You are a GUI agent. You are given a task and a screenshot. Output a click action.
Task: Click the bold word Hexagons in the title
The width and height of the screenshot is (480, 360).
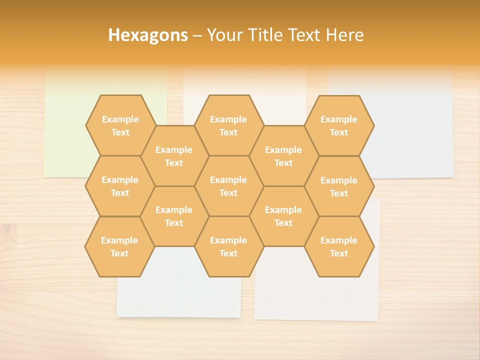click(x=148, y=35)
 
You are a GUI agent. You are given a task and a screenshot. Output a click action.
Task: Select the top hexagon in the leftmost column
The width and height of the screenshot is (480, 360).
click(x=120, y=125)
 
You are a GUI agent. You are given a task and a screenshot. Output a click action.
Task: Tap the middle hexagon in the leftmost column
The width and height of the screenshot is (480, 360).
click(x=120, y=186)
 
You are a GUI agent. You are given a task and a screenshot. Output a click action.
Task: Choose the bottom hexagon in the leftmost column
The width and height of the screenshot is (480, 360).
click(x=119, y=246)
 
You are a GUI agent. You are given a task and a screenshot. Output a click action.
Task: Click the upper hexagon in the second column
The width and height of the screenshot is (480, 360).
click(x=174, y=156)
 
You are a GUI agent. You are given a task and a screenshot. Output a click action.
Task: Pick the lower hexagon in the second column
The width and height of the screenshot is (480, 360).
click(x=174, y=216)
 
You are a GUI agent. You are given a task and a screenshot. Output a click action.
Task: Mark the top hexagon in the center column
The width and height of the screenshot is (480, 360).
click(x=228, y=125)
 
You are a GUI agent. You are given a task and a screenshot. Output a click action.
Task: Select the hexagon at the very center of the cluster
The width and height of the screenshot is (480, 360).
click(x=228, y=186)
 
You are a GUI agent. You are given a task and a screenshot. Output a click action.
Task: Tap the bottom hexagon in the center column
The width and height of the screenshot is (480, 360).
click(x=228, y=246)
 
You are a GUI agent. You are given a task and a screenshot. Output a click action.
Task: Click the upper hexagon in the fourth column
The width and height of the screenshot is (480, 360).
click(x=283, y=156)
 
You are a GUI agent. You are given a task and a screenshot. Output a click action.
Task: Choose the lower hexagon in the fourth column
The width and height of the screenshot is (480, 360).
click(x=283, y=216)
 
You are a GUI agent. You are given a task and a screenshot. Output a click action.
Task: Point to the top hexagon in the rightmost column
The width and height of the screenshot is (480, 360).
click(x=339, y=125)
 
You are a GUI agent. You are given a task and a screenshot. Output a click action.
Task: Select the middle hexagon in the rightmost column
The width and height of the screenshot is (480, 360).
click(x=339, y=186)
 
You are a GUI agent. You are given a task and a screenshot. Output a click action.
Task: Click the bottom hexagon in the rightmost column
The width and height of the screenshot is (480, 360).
click(x=339, y=246)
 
